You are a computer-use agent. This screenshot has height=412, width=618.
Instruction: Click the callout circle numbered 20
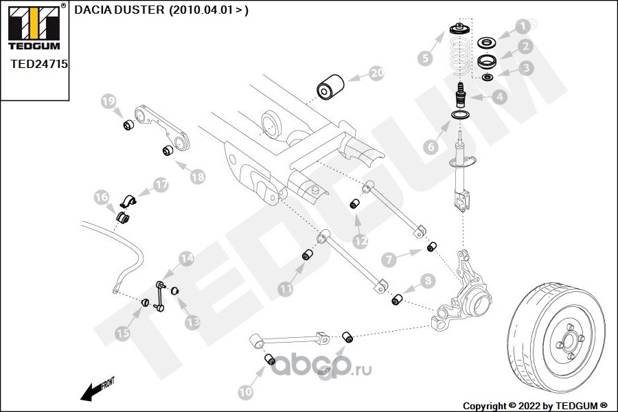click(x=376, y=73)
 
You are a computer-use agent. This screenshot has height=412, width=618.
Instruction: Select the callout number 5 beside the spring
click(x=426, y=58)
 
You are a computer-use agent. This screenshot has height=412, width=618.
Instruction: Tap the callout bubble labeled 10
click(x=246, y=392)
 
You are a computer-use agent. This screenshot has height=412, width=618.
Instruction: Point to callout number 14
click(x=187, y=259)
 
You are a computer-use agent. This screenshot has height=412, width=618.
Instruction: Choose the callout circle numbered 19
click(x=108, y=102)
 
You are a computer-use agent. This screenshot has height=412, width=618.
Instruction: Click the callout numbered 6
click(x=431, y=146)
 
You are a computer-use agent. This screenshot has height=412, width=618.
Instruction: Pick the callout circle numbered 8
click(x=427, y=280)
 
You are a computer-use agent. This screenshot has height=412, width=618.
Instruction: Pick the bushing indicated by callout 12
click(x=355, y=203)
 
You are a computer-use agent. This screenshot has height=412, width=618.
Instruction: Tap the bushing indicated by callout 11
click(x=308, y=255)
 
